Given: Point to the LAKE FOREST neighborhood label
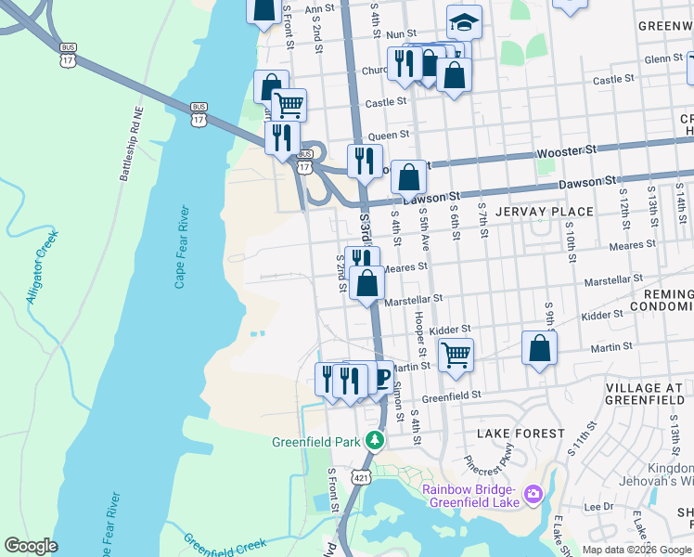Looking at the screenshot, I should tap(520, 434).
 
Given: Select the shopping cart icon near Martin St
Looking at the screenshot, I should tap(456, 354).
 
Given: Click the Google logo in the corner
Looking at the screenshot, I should tap(31, 546).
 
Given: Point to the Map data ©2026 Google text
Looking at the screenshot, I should tap(636, 550).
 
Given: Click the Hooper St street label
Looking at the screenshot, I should tap(420, 333).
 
